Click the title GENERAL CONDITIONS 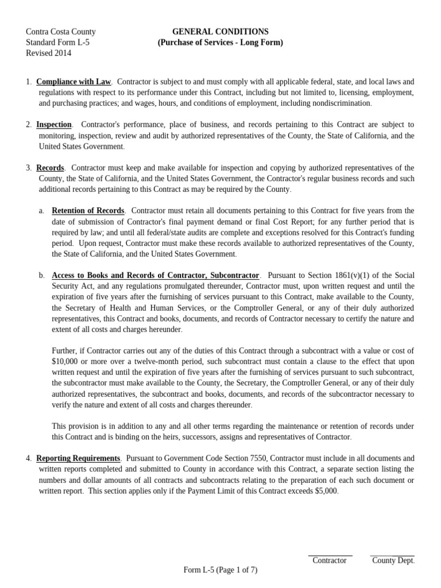pyautogui.click(x=220, y=32)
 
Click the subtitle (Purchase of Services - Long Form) pyautogui.click(x=220, y=42)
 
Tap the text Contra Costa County pyautogui.click(x=61, y=32)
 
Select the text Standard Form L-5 pyautogui.click(x=57, y=42)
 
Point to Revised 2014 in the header pyautogui.click(x=49, y=53)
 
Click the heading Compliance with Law pyautogui.click(x=73, y=82)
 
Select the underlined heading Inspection pyautogui.click(x=54, y=125)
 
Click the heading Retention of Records pyautogui.click(x=88, y=211)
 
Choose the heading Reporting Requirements pyautogui.click(x=78, y=458)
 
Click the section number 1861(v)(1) pyautogui.click(x=346, y=276)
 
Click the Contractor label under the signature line pyautogui.click(x=330, y=560)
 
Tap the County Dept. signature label pyautogui.click(x=393, y=560)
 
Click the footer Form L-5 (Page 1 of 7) pyautogui.click(x=220, y=570)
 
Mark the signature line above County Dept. pyautogui.click(x=392, y=555)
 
